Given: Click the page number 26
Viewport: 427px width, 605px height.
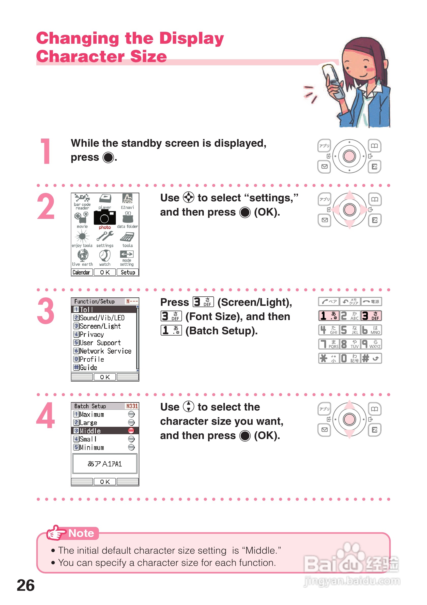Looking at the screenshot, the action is (x=26, y=585).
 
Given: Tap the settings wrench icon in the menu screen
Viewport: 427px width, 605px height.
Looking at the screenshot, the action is (x=105, y=236).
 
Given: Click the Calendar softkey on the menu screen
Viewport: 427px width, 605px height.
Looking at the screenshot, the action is (x=82, y=272).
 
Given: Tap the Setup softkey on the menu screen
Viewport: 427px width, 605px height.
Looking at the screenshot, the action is (x=128, y=272).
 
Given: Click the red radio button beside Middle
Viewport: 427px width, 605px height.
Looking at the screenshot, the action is (x=131, y=431).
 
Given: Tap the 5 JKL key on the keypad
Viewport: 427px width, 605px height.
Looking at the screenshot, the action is (x=350, y=330).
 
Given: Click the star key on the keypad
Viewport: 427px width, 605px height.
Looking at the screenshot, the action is (x=329, y=358).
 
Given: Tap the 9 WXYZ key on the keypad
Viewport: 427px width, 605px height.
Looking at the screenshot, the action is (x=371, y=344).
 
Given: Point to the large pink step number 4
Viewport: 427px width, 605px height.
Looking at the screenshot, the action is (x=46, y=415).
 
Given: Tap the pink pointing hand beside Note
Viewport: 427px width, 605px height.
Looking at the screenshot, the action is (x=55, y=533).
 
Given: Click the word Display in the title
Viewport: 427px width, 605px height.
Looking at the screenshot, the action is (x=191, y=38).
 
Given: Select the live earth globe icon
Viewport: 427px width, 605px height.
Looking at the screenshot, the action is (x=83, y=255).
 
